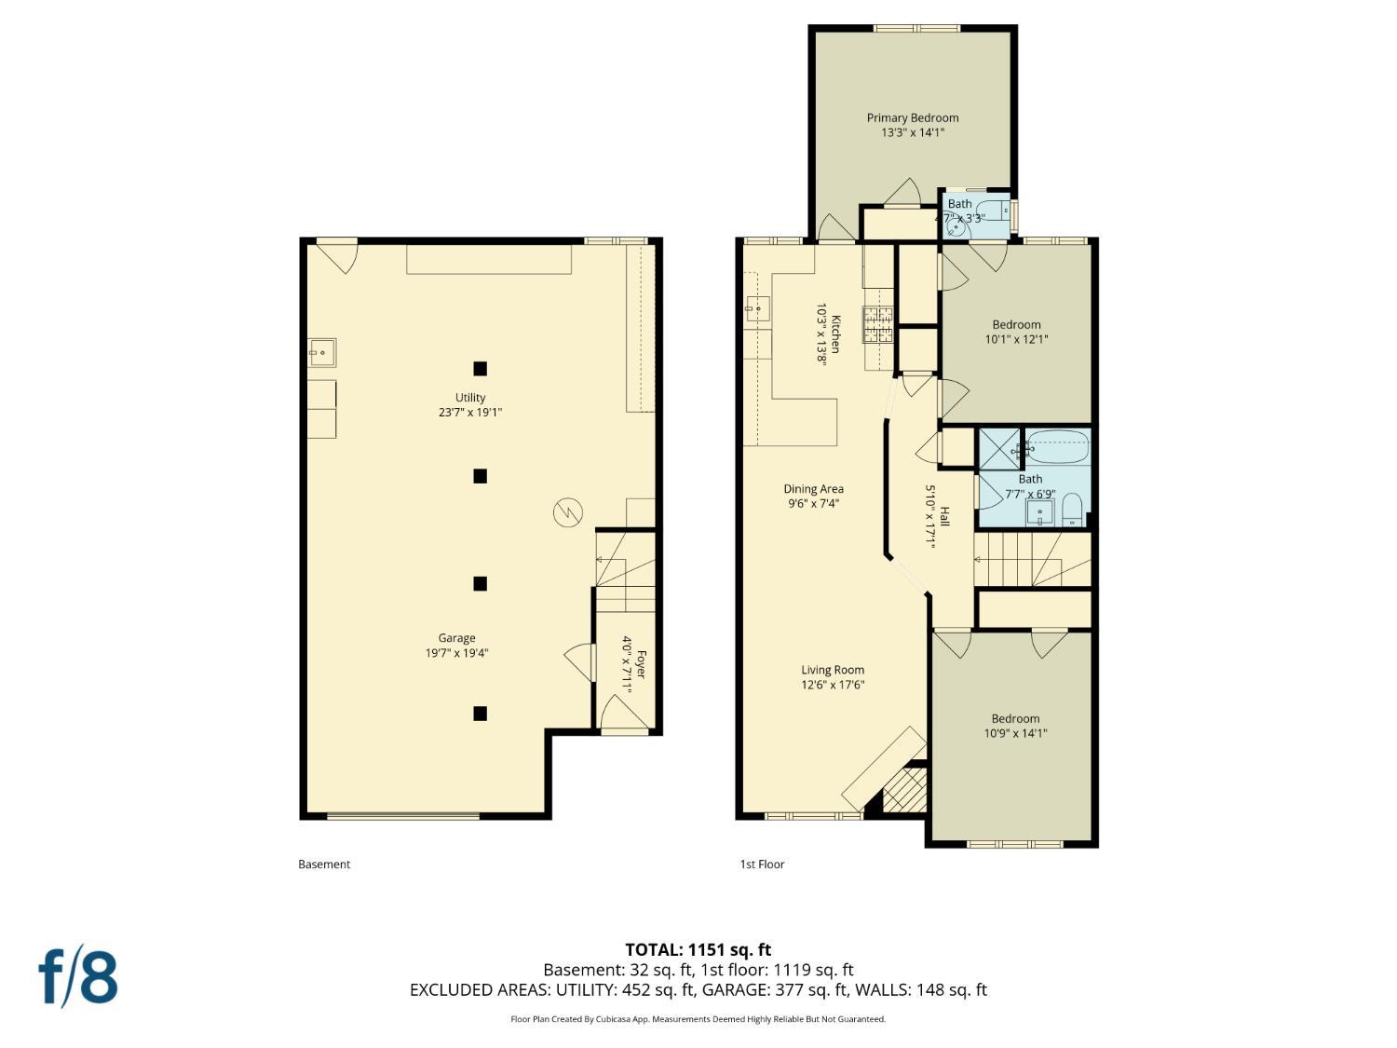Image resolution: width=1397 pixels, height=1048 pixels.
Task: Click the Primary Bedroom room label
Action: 912,118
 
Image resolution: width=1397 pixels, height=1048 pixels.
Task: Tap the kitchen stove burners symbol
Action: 877,326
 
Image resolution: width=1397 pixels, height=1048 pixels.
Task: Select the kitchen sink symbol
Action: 757,307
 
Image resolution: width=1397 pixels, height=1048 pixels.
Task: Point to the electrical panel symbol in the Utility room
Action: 568,512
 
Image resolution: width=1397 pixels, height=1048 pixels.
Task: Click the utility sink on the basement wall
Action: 322,353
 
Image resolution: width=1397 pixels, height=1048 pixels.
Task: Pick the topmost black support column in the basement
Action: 480,368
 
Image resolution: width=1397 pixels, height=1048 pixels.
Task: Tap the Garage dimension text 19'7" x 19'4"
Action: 456,653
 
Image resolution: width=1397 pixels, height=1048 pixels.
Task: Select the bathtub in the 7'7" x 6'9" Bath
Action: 1057,446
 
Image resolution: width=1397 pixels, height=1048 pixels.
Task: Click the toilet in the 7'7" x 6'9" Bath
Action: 1071,510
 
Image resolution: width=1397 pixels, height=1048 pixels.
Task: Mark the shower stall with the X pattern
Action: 998,448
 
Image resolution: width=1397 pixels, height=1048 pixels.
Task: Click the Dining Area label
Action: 813,489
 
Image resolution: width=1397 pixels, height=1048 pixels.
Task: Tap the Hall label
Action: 944,517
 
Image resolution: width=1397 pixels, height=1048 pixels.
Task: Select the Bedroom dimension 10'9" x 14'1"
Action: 1015,733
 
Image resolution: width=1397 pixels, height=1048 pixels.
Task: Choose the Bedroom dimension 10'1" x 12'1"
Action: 1016,340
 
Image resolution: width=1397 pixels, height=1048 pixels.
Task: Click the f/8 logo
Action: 78,976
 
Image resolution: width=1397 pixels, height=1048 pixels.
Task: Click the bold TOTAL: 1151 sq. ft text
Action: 698,950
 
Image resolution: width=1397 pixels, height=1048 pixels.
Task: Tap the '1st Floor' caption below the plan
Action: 762,864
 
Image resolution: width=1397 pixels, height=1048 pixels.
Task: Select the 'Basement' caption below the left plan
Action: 324,864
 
